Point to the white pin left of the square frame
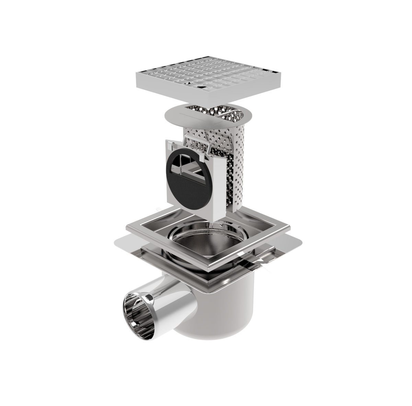click(159, 208)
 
